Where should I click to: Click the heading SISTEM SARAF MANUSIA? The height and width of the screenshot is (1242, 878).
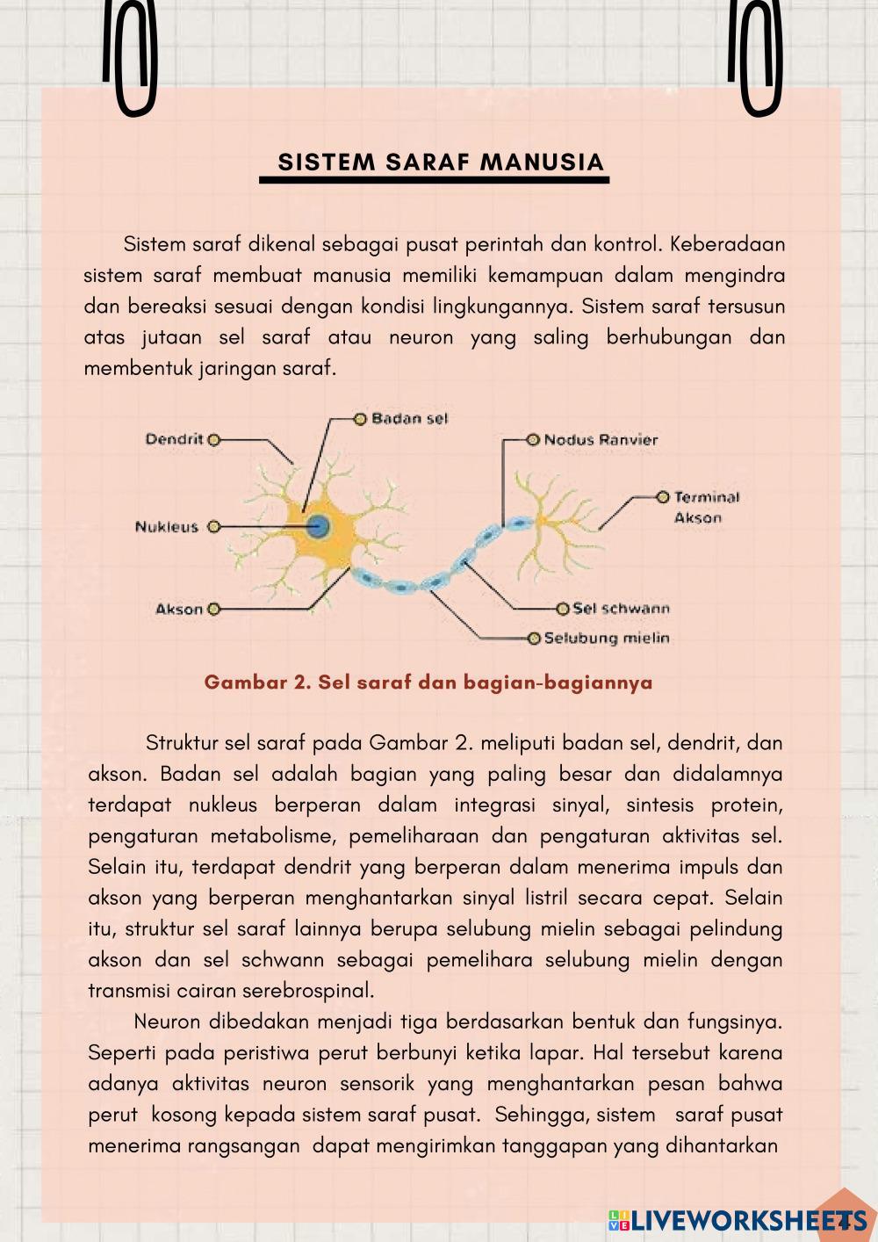(x=441, y=162)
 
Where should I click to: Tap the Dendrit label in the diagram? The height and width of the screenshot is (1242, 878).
(x=174, y=439)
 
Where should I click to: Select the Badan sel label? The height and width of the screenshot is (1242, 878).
(x=409, y=419)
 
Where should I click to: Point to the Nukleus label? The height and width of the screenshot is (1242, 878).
(x=167, y=527)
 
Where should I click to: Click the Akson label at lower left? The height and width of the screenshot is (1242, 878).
(x=179, y=609)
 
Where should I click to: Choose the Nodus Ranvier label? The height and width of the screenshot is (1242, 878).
(x=601, y=440)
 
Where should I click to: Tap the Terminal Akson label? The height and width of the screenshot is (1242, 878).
(x=706, y=508)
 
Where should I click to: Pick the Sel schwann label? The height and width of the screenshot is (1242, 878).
(x=621, y=608)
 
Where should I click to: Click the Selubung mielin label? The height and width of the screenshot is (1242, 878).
(x=607, y=639)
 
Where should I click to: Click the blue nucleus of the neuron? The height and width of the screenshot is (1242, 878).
(x=318, y=527)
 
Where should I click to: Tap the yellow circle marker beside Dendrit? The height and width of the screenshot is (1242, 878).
(x=213, y=439)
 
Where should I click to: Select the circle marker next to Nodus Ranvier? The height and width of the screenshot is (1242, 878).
(x=533, y=439)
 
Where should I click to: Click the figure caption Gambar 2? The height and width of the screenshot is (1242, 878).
(x=428, y=682)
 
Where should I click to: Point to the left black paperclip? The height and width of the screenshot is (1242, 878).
(x=130, y=57)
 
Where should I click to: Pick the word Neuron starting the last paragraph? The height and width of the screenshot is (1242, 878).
(x=169, y=1022)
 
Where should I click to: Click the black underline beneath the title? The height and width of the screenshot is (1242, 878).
(x=434, y=180)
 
